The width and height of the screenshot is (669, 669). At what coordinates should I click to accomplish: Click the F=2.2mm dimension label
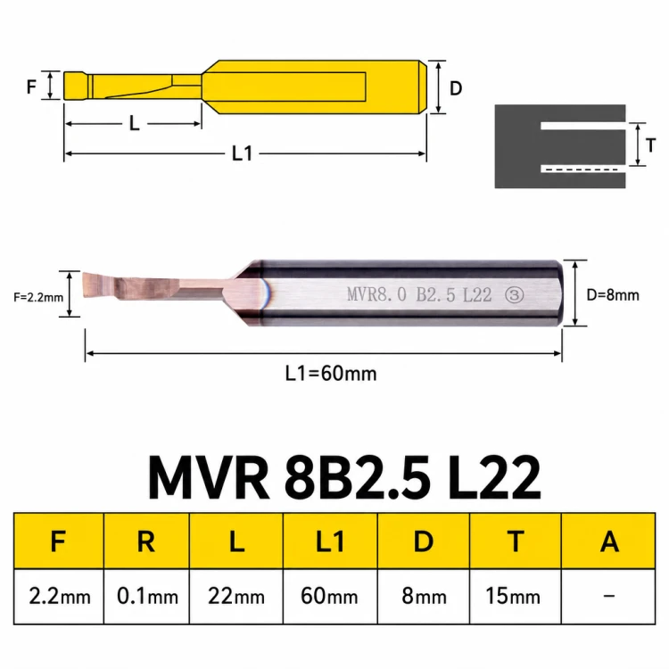click(38, 297)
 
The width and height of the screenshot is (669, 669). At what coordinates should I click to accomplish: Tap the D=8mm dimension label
click(613, 295)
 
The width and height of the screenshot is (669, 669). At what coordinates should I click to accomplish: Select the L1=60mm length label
click(331, 374)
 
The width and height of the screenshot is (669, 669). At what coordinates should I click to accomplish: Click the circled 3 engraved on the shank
click(514, 295)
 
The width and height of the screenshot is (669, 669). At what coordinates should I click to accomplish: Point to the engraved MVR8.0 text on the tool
click(376, 294)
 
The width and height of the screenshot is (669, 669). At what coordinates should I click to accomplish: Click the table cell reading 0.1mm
click(147, 596)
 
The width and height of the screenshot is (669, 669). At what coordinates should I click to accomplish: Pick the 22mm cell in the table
click(236, 596)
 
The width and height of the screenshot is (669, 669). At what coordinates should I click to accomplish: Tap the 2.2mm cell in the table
click(59, 596)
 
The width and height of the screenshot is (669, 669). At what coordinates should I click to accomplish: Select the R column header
click(146, 541)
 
